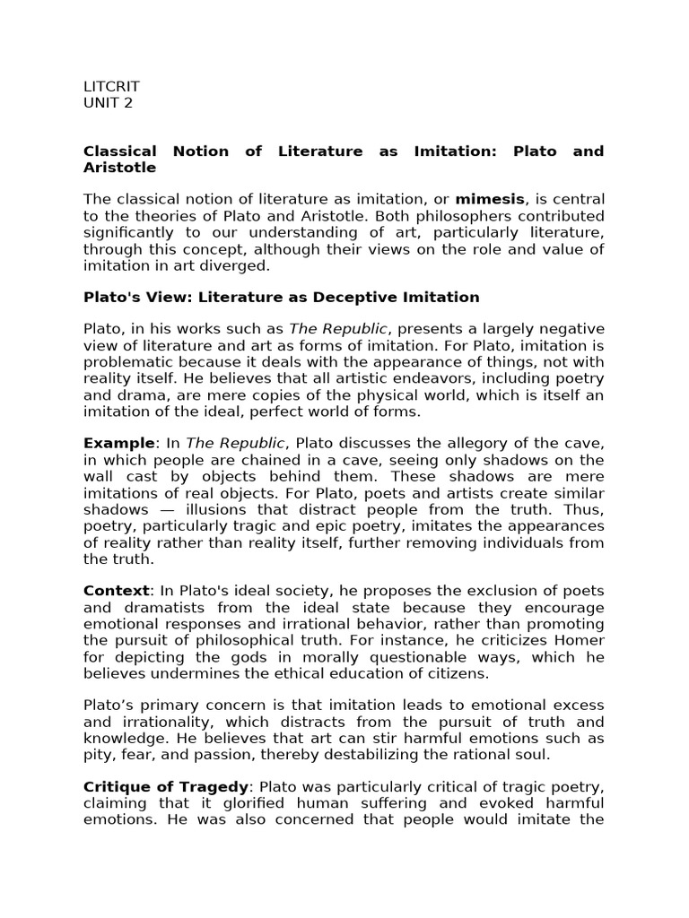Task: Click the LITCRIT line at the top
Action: point(111,87)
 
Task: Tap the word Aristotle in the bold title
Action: point(119,168)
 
